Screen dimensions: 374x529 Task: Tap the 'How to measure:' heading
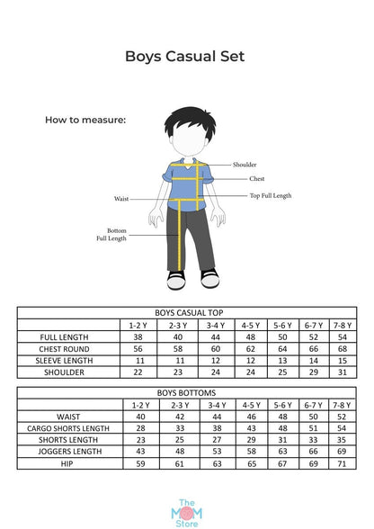tap(85, 119)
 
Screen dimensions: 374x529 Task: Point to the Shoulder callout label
tap(245, 165)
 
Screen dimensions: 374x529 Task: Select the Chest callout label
tap(256, 179)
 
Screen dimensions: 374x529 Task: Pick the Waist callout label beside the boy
tap(121, 198)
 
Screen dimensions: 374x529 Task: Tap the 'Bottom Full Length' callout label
tap(111, 234)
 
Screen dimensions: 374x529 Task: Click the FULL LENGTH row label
tap(68, 336)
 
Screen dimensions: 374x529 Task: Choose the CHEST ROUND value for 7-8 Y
tap(342, 348)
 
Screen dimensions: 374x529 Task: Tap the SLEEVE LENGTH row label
tap(68, 360)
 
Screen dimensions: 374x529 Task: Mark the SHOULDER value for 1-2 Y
tap(138, 372)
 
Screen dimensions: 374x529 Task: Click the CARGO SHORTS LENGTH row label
tap(68, 429)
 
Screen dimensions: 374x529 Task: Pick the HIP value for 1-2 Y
tap(139, 464)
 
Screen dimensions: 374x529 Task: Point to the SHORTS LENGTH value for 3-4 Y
tap(215, 441)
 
